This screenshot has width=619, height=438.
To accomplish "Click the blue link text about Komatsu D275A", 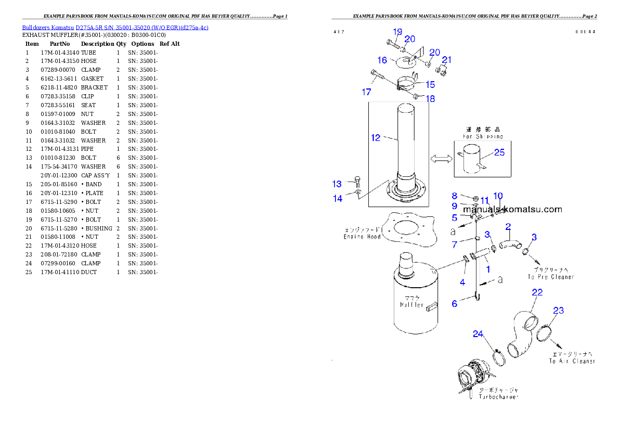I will (115, 28).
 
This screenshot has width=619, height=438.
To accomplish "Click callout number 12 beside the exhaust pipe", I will (376, 138).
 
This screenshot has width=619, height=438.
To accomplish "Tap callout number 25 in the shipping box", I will (499, 152).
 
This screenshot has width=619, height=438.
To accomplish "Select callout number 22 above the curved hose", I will (537, 292).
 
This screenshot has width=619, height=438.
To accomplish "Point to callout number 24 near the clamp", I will (479, 333).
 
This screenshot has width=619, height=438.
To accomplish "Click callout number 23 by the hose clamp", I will (558, 311).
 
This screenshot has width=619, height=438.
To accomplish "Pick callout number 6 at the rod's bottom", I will (454, 303).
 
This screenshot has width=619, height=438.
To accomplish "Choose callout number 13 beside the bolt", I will (337, 184).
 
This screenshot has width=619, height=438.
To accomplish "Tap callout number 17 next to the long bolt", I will (367, 92).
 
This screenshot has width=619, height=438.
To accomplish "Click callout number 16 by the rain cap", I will (382, 61).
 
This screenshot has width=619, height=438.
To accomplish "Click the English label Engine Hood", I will (362, 237).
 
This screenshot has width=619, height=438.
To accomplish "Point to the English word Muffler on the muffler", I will (411, 305).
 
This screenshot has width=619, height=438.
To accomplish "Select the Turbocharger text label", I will (498, 397).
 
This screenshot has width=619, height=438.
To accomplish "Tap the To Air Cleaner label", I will (572, 361).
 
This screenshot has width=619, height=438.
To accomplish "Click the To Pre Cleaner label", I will (551, 277).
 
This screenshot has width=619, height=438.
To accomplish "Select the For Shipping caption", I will (483, 137).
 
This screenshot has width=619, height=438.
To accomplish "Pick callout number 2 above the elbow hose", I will (508, 226).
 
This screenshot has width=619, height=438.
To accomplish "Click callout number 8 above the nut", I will (454, 196).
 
